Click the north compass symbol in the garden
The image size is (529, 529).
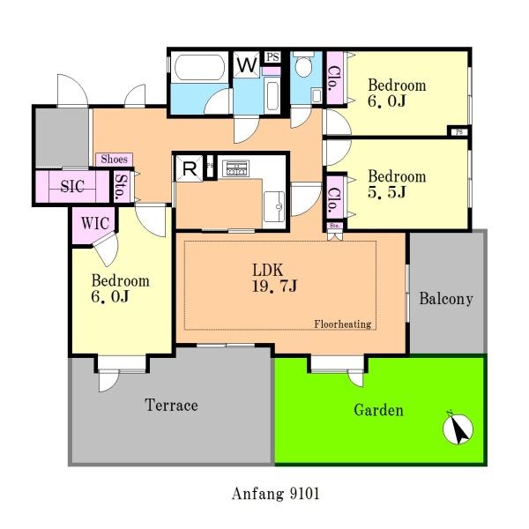458,428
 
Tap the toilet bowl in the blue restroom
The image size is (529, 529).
303,66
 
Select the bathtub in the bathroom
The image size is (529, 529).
200,68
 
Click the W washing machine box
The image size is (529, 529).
247,64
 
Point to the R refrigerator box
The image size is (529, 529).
190,168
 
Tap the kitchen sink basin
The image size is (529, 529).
274,206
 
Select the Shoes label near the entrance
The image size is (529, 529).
114,160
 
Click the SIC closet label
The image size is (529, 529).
72,186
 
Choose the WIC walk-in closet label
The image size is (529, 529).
95,223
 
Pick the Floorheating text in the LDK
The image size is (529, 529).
343,324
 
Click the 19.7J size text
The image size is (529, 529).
274,286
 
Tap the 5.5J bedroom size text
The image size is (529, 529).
387,192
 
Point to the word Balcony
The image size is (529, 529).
446,299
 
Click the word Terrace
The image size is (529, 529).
171,405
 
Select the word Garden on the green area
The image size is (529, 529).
378,410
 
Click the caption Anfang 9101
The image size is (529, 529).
275,494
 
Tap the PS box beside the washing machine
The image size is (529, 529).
272,57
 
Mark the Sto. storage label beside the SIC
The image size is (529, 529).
121,187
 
